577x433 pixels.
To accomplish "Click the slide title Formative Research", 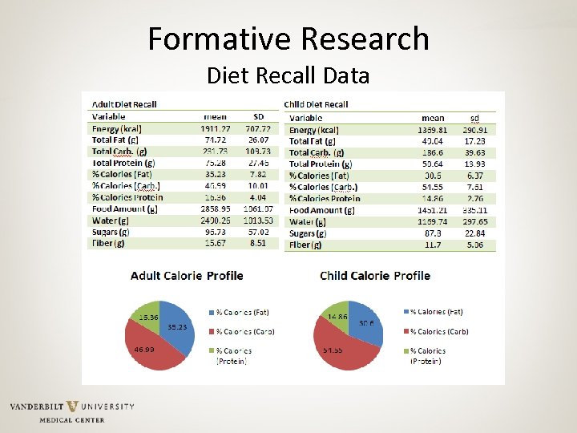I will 288,38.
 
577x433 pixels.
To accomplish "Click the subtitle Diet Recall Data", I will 288,76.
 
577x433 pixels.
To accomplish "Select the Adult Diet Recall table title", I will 124,104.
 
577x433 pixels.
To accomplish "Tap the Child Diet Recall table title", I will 316,104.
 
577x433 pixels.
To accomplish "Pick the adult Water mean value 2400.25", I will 215,220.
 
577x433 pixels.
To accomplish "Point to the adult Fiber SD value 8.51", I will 257,243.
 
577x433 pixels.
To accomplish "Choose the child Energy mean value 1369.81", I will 432,130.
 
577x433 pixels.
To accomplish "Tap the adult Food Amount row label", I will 124,208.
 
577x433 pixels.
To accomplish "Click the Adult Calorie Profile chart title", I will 187,276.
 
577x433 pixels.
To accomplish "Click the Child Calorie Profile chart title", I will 375,276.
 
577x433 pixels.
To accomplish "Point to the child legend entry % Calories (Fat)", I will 437,312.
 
